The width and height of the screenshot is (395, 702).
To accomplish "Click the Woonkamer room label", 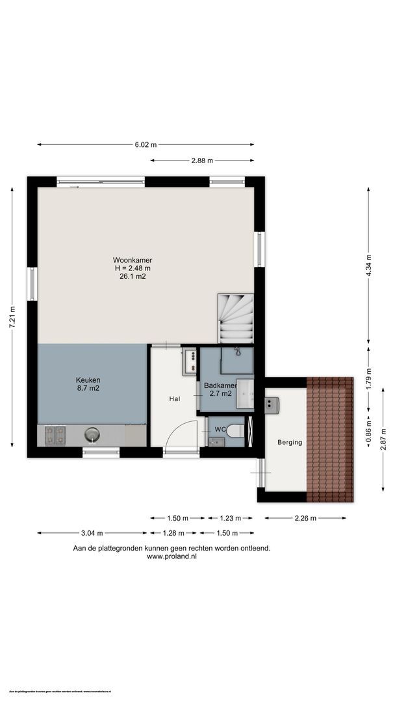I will point(133,260).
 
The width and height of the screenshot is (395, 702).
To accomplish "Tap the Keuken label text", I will point(88,380).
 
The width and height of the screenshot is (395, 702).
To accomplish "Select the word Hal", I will point(175,398).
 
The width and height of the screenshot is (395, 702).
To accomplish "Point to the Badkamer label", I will point(217,385).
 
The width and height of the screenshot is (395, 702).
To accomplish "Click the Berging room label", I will point(290,442).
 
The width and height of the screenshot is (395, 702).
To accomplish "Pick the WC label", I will point(221,429).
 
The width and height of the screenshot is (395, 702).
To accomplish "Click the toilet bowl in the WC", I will point(236,431).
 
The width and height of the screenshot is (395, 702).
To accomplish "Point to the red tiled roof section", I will point(329,439).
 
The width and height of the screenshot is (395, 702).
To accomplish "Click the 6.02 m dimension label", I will point(146,144).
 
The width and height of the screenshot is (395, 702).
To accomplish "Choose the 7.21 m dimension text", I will point(12,317).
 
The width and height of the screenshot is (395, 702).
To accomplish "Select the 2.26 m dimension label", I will point(305,518).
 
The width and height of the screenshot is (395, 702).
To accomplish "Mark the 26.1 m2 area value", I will point(133,276).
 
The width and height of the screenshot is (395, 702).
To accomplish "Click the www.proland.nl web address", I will point(172,556).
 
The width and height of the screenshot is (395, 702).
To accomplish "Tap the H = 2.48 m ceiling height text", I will point(133,268).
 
